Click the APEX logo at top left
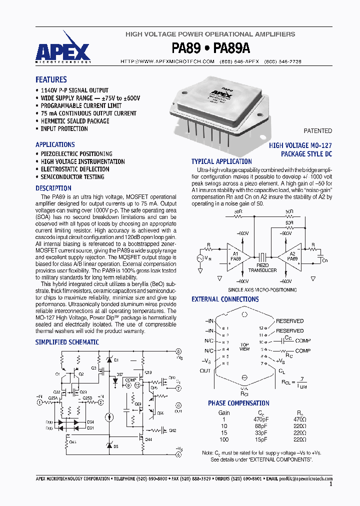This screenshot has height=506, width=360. [63, 52]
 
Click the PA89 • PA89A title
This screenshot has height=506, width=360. [210, 48]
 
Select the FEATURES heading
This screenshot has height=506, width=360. [51, 79]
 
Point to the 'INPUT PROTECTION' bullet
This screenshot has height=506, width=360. [64, 128]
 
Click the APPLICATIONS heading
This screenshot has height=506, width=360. [55, 144]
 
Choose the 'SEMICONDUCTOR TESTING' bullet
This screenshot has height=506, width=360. [72, 177]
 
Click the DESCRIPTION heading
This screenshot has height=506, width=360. [53, 188]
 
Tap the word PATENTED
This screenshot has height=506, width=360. [317, 131]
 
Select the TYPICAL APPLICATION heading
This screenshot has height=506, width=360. [221, 161]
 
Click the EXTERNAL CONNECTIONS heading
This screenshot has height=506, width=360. [225, 299]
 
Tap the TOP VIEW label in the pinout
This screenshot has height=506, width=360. [244, 347]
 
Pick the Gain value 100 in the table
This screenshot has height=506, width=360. [224, 439]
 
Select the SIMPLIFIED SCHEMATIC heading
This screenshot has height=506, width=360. [67, 342]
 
